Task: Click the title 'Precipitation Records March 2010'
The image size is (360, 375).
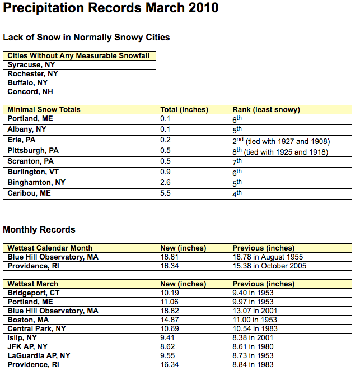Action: coord(111,10)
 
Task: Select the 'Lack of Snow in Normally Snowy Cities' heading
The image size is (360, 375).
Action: coord(86,38)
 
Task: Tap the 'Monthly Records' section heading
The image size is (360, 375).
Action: coord(39,229)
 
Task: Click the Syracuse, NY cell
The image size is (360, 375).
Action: coord(31,65)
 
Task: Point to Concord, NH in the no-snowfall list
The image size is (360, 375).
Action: coord(30,92)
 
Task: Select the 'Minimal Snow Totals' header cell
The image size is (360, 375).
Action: coord(44,110)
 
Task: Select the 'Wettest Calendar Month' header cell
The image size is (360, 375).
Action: coord(50,248)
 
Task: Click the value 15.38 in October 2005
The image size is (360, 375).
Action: coord(269,266)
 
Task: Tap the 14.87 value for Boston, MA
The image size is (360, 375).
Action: coord(170,320)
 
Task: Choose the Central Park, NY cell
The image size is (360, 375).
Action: coord(37,329)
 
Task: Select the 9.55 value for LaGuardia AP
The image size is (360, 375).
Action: coord(167,356)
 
